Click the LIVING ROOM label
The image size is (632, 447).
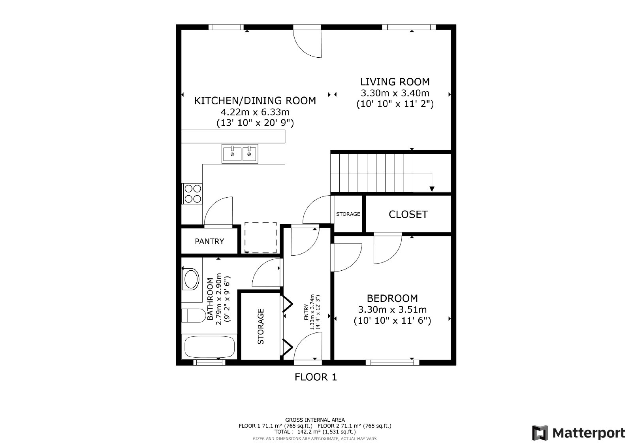(x=395, y=82)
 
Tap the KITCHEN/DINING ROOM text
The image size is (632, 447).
(x=255, y=101)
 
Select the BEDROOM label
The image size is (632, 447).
(x=392, y=298)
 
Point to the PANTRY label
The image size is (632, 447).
(x=209, y=241)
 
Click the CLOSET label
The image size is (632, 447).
(x=408, y=215)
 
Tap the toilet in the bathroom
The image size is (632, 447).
(x=194, y=315)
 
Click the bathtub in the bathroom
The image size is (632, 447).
(x=209, y=347)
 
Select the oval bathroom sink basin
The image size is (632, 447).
(x=191, y=279)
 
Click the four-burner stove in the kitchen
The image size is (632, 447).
(x=193, y=194)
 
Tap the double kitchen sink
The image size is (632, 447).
(x=240, y=154)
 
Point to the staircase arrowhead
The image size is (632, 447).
(x=432, y=189)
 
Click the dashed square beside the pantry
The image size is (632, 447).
(x=260, y=238)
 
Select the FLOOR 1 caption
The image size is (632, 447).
(x=316, y=377)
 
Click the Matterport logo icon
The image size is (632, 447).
(x=540, y=433)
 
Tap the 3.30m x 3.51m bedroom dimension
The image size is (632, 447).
(x=392, y=310)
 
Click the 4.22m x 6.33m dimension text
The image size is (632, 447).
(x=255, y=112)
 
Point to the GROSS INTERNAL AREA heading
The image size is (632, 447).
(x=315, y=420)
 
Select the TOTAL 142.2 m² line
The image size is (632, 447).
(x=315, y=432)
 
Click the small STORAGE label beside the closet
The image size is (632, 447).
(x=348, y=214)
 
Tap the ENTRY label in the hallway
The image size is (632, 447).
(x=306, y=312)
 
